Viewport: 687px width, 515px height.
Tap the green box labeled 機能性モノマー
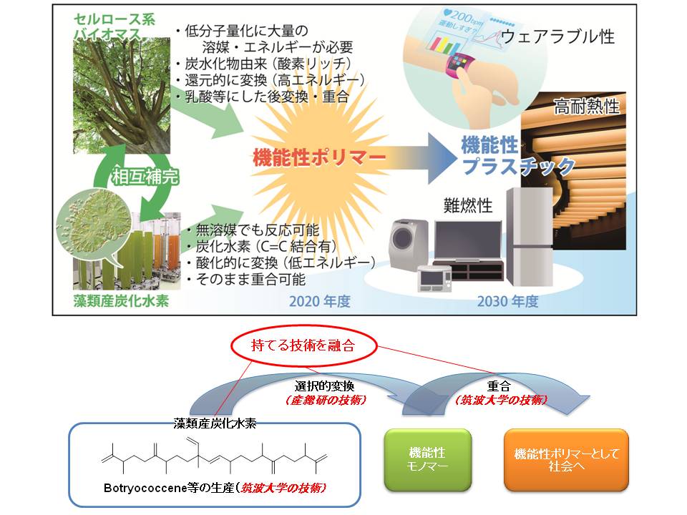[427, 460]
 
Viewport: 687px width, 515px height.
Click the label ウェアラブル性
[558, 36]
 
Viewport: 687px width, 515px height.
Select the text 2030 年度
[508, 301]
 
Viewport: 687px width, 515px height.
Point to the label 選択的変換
[310, 386]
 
